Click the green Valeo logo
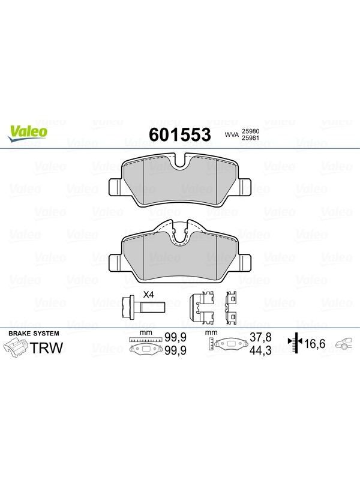tap(28, 134)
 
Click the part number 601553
tap(179, 134)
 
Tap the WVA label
tap(232, 134)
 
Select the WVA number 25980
tap(251, 131)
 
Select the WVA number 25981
tap(251, 138)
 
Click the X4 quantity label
tap(148, 295)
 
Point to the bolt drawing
tap(143, 305)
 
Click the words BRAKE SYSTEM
tap(34, 334)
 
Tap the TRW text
tap(47, 348)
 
